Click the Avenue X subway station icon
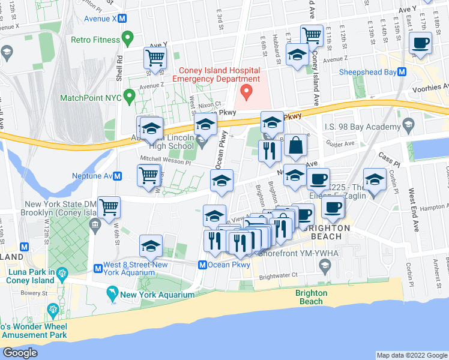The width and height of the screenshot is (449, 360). [x=122, y=19]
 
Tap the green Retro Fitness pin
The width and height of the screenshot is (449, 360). [x=127, y=40]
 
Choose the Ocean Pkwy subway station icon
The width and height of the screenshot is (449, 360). [x=203, y=265]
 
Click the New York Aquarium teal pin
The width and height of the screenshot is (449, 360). [x=112, y=294]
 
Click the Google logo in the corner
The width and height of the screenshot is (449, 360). [x=20, y=353]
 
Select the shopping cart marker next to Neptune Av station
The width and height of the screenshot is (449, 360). [x=149, y=175]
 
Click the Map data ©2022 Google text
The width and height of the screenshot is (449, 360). [x=411, y=355]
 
